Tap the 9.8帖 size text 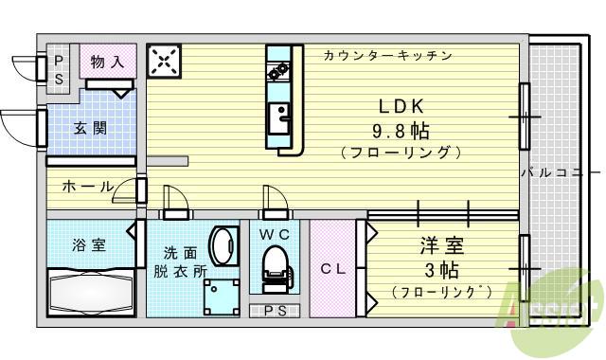[401, 128]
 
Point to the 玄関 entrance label [90, 129]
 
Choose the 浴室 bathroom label [89, 244]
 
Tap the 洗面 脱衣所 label [180, 261]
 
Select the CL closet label [331, 269]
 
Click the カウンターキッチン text [387, 55]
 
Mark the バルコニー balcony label [560, 173]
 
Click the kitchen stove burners [279, 70]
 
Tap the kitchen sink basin [280, 119]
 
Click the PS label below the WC [275, 311]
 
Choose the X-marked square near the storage [164, 63]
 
